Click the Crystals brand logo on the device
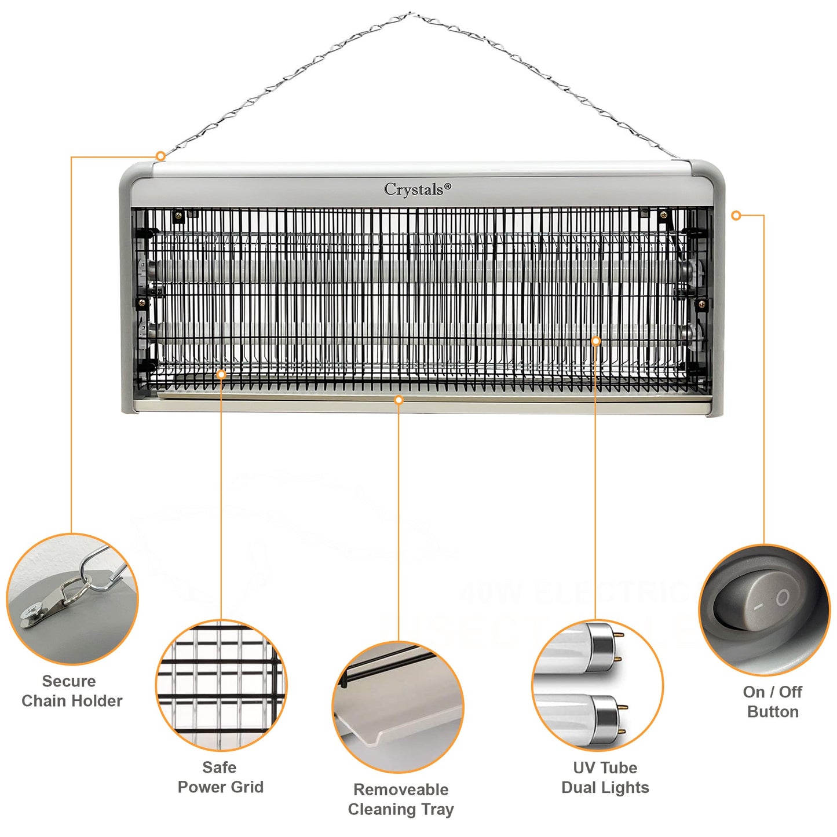pos(417,189)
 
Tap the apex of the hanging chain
pos(410,14)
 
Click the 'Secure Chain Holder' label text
pos(72,691)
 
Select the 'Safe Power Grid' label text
pos(220,777)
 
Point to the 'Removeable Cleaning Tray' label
pos(401,799)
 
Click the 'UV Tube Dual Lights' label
pos(605,777)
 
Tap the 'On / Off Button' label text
pos(773,701)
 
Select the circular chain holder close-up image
pos(72,599)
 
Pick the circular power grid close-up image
pos(221,685)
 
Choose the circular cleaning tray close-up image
pos(399,707)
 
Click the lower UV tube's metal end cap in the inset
pos(605,716)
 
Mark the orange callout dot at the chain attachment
pos(160,156)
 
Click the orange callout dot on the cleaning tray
pos(399,400)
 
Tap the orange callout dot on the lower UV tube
pos(595,341)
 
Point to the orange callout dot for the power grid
pos(221,375)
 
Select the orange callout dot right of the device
pos(736,215)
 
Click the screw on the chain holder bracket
pos(30,613)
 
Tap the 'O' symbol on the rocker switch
pos(783,597)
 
